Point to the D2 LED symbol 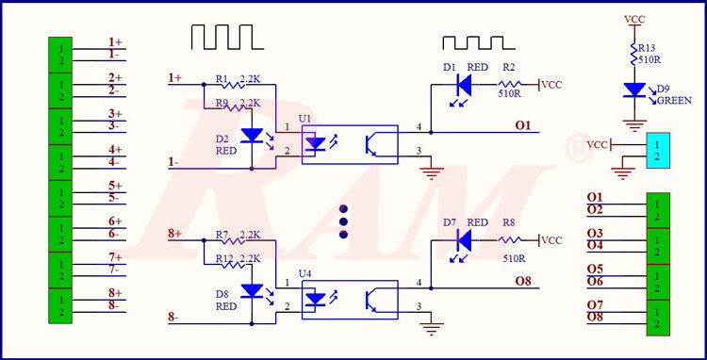[x=252, y=135]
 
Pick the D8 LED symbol [x=252, y=290]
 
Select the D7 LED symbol [x=462, y=240]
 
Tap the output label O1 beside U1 [x=523, y=124]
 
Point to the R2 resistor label [x=509, y=68]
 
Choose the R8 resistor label [x=509, y=223]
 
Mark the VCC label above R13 [x=633, y=19]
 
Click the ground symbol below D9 [x=633, y=123]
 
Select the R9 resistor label [x=222, y=103]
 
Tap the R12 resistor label [x=223, y=258]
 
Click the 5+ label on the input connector [x=116, y=186]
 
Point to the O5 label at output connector [x=595, y=269]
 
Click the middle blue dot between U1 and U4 [x=343, y=221]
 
